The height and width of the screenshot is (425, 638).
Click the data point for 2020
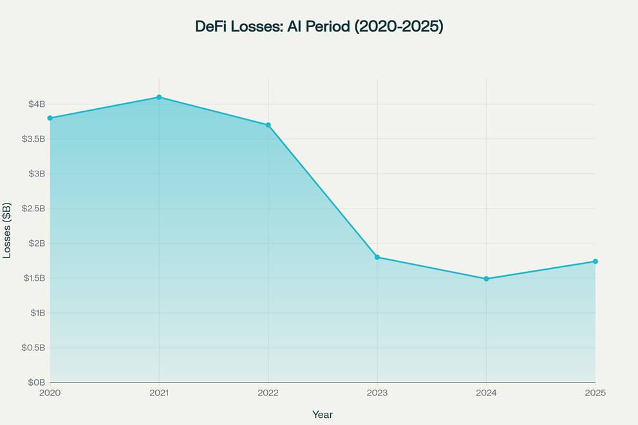50,118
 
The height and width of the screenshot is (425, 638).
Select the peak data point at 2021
159,97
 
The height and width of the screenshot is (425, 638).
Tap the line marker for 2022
268,125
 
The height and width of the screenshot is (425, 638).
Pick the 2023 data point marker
377,257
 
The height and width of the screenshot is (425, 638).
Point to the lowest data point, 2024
486,279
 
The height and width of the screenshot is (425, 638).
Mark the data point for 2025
596,261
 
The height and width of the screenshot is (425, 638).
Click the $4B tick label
37,104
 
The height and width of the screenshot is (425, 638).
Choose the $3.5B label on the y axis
33,139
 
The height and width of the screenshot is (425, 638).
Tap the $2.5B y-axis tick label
33,209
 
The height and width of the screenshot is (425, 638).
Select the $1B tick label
37,313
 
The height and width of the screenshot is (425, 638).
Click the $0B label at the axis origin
37,382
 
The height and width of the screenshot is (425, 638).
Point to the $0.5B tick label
33,348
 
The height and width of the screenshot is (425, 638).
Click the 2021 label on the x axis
159,392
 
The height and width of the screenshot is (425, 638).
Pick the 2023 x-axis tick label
377,392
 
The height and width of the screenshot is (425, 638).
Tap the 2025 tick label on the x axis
596,392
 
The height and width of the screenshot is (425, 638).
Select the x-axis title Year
323,415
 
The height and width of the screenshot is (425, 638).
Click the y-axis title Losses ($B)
7,230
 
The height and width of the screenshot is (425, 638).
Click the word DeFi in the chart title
212,27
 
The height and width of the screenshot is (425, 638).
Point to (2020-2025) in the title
400,27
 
